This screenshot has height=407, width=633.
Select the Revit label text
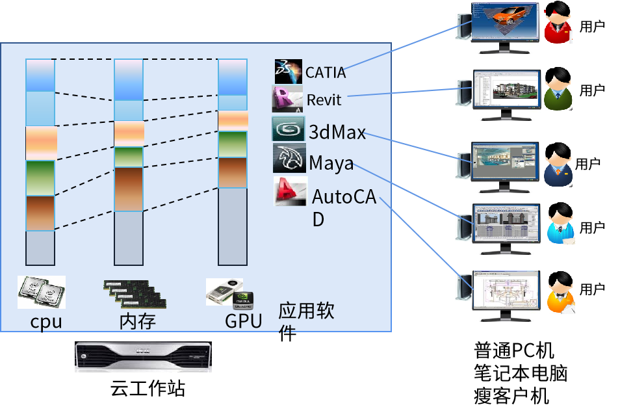(324, 100)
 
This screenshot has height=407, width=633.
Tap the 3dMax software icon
(288, 129)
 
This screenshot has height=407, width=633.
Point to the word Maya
(331, 163)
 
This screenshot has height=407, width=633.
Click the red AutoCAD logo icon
(290, 191)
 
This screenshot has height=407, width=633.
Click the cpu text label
(45, 321)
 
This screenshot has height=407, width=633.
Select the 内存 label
(138, 321)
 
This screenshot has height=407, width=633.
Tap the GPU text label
(243, 321)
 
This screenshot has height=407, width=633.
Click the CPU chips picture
(41, 292)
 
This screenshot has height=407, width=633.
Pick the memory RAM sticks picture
(135, 293)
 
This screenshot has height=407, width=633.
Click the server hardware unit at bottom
(143, 357)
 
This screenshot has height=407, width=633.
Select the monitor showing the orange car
(505, 26)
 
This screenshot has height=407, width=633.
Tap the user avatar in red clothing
(558, 22)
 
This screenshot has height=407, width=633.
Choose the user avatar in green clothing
(558, 88)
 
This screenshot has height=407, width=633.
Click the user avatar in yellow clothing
(560, 293)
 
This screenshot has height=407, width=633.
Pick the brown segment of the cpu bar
(40, 213)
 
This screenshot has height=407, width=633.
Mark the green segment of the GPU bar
(232, 144)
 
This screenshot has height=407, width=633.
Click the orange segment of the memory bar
(129, 133)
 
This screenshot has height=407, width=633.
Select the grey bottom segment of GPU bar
(232, 226)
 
